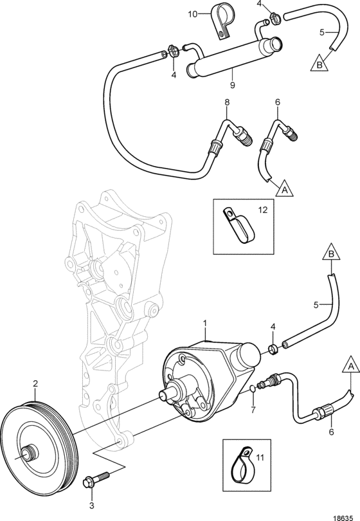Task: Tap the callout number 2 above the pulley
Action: coord(35,383)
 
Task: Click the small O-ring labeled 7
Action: coord(253,389)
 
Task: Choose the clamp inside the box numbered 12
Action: coord(239,225)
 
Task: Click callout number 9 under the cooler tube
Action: coord(232,86)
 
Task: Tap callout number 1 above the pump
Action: coord(205,323)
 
